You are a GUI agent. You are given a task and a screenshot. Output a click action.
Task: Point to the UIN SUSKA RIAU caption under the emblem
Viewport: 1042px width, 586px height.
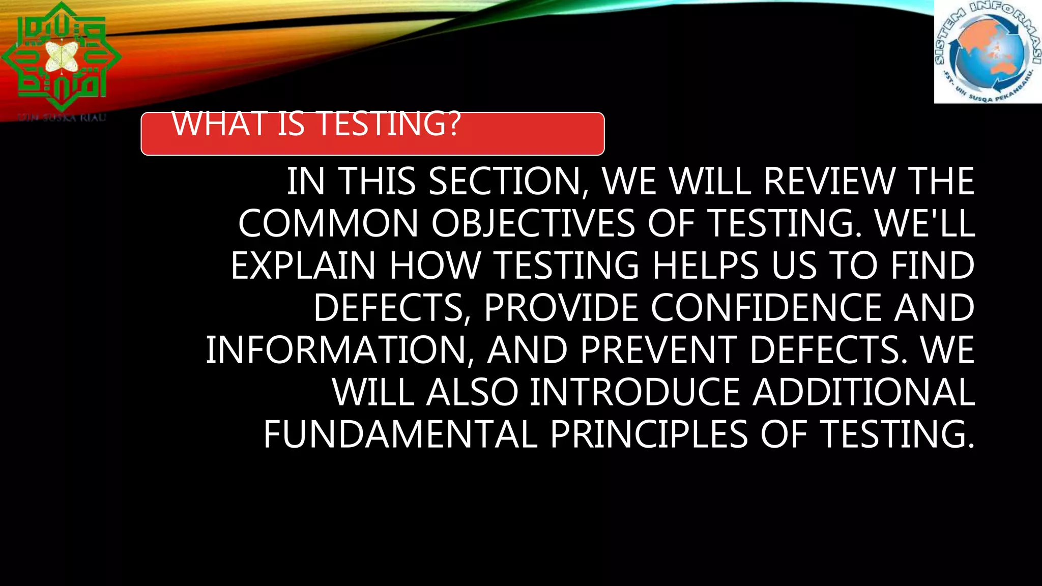coord(62,118)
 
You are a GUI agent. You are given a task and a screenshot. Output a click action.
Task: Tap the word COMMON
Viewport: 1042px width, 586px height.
coord(328,224)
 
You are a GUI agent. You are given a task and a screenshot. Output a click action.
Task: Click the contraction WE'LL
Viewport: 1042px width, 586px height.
coord(925,224)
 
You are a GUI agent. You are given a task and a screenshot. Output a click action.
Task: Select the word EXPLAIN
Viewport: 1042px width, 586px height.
coord(303,266)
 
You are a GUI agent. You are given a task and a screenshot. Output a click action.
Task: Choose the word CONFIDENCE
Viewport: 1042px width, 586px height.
coord(766,308)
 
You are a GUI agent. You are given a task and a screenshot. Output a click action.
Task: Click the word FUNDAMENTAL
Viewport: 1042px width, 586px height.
coord(400,435)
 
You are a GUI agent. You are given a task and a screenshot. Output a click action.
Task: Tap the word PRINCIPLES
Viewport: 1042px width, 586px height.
coord(649,435)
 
